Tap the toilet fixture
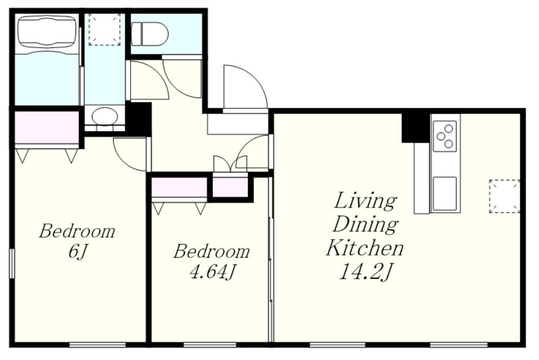(x=150, y=34)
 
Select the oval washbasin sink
(x=105, y=116)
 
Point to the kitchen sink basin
(x=445, y=193)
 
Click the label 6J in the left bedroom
(x=78, y=252)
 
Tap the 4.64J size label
(x=212, y=272)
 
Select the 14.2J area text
(x=365, y=272)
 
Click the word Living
(x=365, y=201)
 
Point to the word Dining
(x=365, y=224)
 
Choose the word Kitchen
(x=365, y=248)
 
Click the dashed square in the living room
(x=504, y=196)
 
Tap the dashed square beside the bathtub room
(x=105, y=30)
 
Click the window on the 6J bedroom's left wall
(x=12, y=263)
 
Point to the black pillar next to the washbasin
(x=138, y=118)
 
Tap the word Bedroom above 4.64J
(x=211, y=251)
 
